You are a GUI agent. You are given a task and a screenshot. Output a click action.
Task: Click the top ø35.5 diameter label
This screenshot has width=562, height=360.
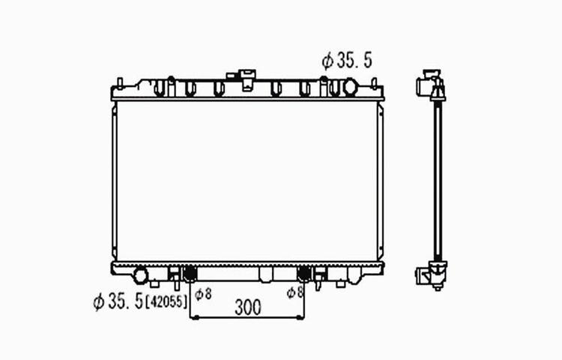347,60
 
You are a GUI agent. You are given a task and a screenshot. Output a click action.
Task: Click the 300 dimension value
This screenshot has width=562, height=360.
248,307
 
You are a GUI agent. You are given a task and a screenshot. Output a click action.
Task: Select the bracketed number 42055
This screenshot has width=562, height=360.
166,301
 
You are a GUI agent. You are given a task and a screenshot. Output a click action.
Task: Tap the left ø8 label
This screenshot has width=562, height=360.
203,294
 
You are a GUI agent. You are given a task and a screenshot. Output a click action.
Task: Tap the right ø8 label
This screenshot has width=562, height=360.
295,292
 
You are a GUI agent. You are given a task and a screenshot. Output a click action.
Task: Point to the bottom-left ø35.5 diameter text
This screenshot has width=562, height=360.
118,301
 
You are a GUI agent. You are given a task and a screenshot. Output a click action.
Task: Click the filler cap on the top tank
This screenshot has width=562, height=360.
248,79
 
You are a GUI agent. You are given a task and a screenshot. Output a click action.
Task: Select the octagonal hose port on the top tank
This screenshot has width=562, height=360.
351,88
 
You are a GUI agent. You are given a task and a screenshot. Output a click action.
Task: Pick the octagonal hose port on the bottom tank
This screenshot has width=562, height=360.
141,275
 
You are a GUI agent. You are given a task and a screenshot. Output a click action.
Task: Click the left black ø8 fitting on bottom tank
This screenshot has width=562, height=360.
190,274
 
